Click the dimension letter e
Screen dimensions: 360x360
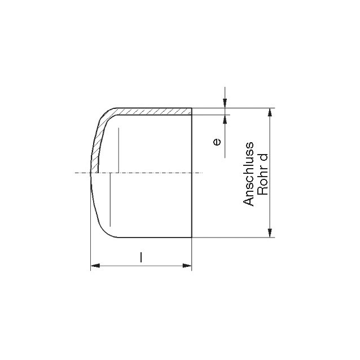[217, 142]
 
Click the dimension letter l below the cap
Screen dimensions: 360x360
[141, 257]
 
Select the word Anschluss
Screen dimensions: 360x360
[249, 174]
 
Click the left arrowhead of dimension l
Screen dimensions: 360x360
[95, 266]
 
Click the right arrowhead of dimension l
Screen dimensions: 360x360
[187, 266]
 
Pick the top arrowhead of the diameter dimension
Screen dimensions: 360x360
[270, 112]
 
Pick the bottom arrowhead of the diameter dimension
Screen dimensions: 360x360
[270, 233]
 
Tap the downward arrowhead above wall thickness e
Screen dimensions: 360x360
[225, 103]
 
